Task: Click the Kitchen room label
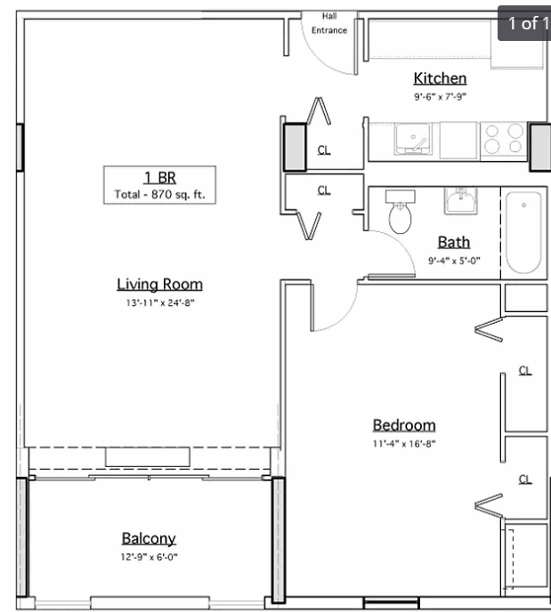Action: pos(440,78)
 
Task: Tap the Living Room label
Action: pos(159,284)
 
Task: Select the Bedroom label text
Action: pos(404,425)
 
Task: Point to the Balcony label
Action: pos(149,539)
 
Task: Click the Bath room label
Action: pos(454,242)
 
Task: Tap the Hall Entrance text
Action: pos(329,23)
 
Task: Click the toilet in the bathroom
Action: pos(401,212)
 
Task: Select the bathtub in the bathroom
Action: pos(523,232)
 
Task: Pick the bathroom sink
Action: pos(461,201)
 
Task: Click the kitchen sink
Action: pos(413,139)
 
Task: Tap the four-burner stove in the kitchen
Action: pos(504,140)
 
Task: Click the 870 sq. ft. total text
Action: pos(159,195)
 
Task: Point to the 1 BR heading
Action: pos(160,178)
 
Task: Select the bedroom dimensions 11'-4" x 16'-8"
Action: pos(404,444)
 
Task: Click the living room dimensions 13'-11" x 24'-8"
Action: pos(160,302)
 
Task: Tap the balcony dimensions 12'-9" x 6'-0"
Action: pos(149,557)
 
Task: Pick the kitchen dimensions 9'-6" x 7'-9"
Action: pos(441,96)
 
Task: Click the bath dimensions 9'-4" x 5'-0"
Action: pos(454,261)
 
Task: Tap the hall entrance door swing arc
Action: pos(317,54)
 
